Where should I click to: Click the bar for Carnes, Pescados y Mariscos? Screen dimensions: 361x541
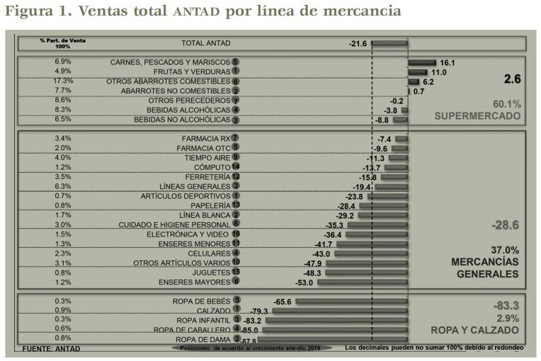[422, 62]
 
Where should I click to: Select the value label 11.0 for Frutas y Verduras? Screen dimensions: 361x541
[439, 72]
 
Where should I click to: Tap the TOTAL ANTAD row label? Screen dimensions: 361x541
[206, 43]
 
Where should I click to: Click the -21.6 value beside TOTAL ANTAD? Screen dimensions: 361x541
[358, 44]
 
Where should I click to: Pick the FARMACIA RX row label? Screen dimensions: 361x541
[205, 138]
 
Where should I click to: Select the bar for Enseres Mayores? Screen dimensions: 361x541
[361, 282]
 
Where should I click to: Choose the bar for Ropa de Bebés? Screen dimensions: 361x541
[351, 302]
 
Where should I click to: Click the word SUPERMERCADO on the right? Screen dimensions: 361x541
[477, 115]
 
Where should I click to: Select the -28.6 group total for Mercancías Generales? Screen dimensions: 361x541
[505, 225]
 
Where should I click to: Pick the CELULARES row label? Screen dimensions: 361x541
[209, 253]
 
